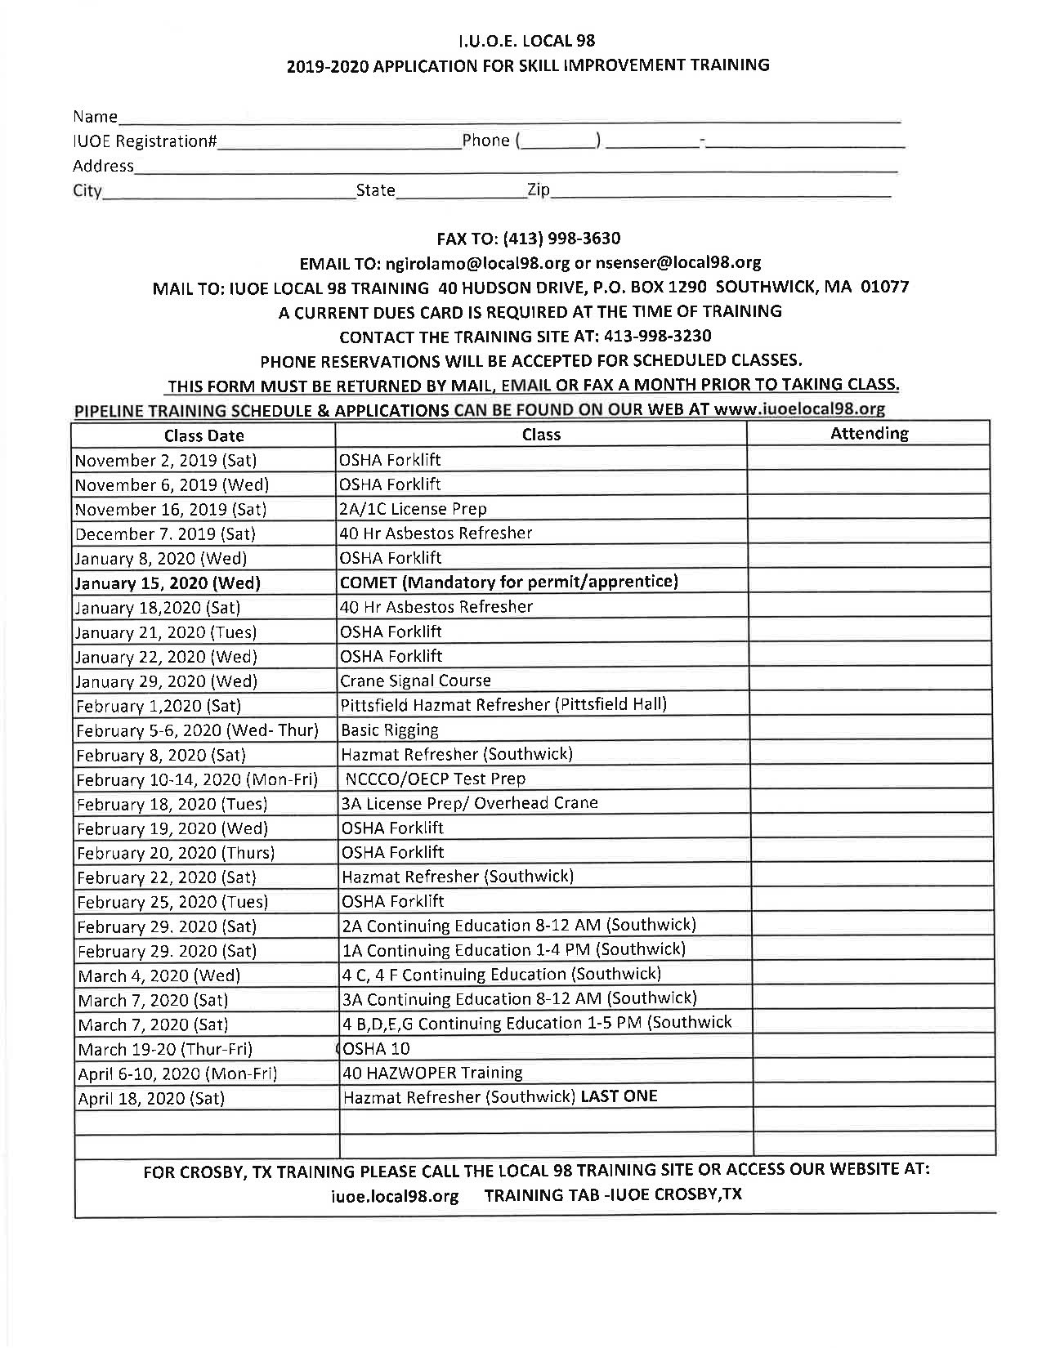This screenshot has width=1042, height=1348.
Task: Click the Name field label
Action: (x=95, y=116)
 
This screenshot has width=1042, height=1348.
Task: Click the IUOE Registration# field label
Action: (x=145, y=141)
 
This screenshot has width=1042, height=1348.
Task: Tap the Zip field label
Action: (x=538, y=190)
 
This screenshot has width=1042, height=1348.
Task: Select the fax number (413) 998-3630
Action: (x=561, y=239)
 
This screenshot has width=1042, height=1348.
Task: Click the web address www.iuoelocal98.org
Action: (x=799, y=408)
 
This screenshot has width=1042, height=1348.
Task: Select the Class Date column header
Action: (x=203, y=435)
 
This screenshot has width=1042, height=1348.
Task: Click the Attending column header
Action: (x=869, y=434)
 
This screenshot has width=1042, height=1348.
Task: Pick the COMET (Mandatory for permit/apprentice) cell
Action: (x=509, y=582)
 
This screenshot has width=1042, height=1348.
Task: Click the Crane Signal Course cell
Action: (x=415, y=681)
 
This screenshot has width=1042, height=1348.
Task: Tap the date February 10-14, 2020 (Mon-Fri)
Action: (x=197, y=779)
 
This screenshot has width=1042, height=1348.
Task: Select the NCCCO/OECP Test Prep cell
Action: (x=436, y=779)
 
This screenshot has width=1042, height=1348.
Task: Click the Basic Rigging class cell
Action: (x=389, y=730)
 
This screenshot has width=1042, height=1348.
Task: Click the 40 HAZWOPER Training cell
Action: (x=432, y=1073)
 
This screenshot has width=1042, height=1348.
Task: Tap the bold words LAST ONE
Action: (x=619, y=1096)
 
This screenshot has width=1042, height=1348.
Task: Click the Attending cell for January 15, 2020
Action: (x=869, y=582)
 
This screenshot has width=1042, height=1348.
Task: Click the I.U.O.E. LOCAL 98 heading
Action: (x=526, y=40)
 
